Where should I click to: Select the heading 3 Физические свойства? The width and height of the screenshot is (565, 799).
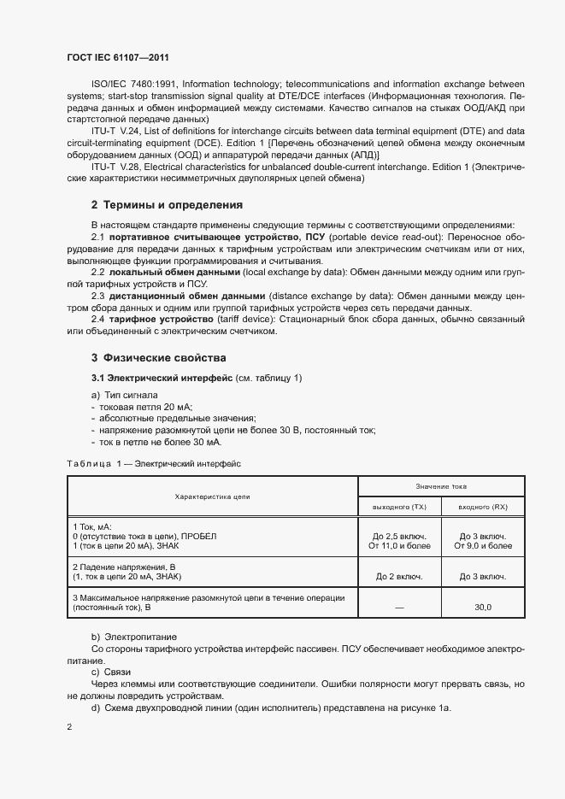tap(158, 357)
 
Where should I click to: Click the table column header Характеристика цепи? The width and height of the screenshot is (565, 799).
tap(212, 496)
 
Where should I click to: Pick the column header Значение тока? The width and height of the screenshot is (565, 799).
tap(441, 485)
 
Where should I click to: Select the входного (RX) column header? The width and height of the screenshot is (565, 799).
tap(483, 508)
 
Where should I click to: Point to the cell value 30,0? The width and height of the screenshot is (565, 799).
tap(483, 607)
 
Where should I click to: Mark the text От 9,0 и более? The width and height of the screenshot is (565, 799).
tap(483, 545)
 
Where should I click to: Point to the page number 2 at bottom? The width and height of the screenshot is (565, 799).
tap(69, 727)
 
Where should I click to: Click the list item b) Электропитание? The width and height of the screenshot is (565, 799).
tap(133, 637)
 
